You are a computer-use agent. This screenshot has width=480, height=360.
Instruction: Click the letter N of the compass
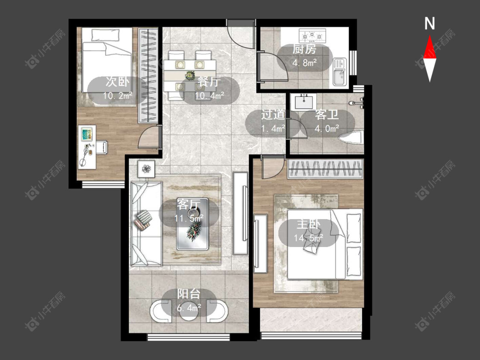pos(430,23)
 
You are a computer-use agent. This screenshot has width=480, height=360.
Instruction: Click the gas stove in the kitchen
pos(312,36)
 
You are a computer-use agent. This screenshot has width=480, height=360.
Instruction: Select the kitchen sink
pos(339,72)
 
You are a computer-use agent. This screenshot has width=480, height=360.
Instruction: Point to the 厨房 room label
pos(304,49)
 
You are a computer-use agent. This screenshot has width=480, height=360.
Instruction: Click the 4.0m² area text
pos(327,128)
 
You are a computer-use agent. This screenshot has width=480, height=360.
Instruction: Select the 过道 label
pos(273,115)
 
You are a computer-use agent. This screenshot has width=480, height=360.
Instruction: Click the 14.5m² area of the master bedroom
pos(308,237)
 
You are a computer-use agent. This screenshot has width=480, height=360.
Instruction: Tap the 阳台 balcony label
pos(189,294)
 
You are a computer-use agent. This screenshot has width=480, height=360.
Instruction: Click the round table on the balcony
pos(189,312)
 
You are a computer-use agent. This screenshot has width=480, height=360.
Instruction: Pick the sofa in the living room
pos(146,224)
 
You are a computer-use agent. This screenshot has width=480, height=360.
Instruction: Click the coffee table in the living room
pos(193,224)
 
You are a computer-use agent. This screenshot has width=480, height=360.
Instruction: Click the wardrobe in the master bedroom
pos(325,169)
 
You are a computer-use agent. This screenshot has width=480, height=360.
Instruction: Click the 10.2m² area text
pos(118,96)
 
